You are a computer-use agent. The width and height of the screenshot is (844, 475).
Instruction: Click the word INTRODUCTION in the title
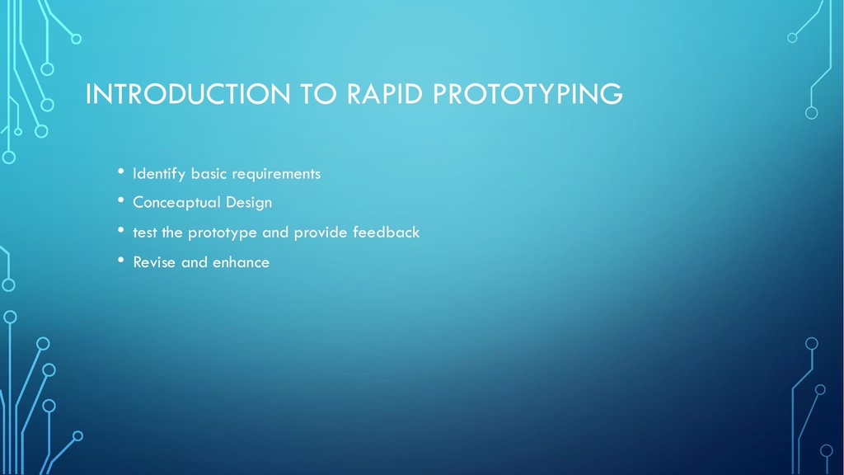click(x=188, y=94)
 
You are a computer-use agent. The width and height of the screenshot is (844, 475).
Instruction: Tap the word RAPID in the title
click(x=385, y=94)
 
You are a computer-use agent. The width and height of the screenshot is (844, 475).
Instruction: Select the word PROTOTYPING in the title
click(x=528, y=94)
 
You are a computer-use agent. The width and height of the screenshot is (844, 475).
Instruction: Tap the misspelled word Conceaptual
click(x=177, y=203)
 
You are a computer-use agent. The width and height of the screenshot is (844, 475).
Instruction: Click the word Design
click(x=249, y=203)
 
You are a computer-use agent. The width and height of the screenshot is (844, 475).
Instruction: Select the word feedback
click(x=386, y=232)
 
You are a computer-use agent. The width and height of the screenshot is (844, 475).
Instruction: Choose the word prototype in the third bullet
click(x=223, y=233)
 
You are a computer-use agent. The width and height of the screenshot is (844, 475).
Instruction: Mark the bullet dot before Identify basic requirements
click(x=120, y=172)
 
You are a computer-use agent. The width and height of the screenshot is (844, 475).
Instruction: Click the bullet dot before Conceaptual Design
click(x=120, y=200)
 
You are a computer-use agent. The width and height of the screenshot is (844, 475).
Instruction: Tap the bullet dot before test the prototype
click(x=120, y=230)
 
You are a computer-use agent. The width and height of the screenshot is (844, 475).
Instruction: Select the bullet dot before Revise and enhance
click(x=120, y=260)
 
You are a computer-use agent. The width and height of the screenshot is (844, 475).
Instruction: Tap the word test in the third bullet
click(x=145, y=233)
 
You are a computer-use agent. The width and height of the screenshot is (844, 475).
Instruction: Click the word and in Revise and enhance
click(x=195, y=262)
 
